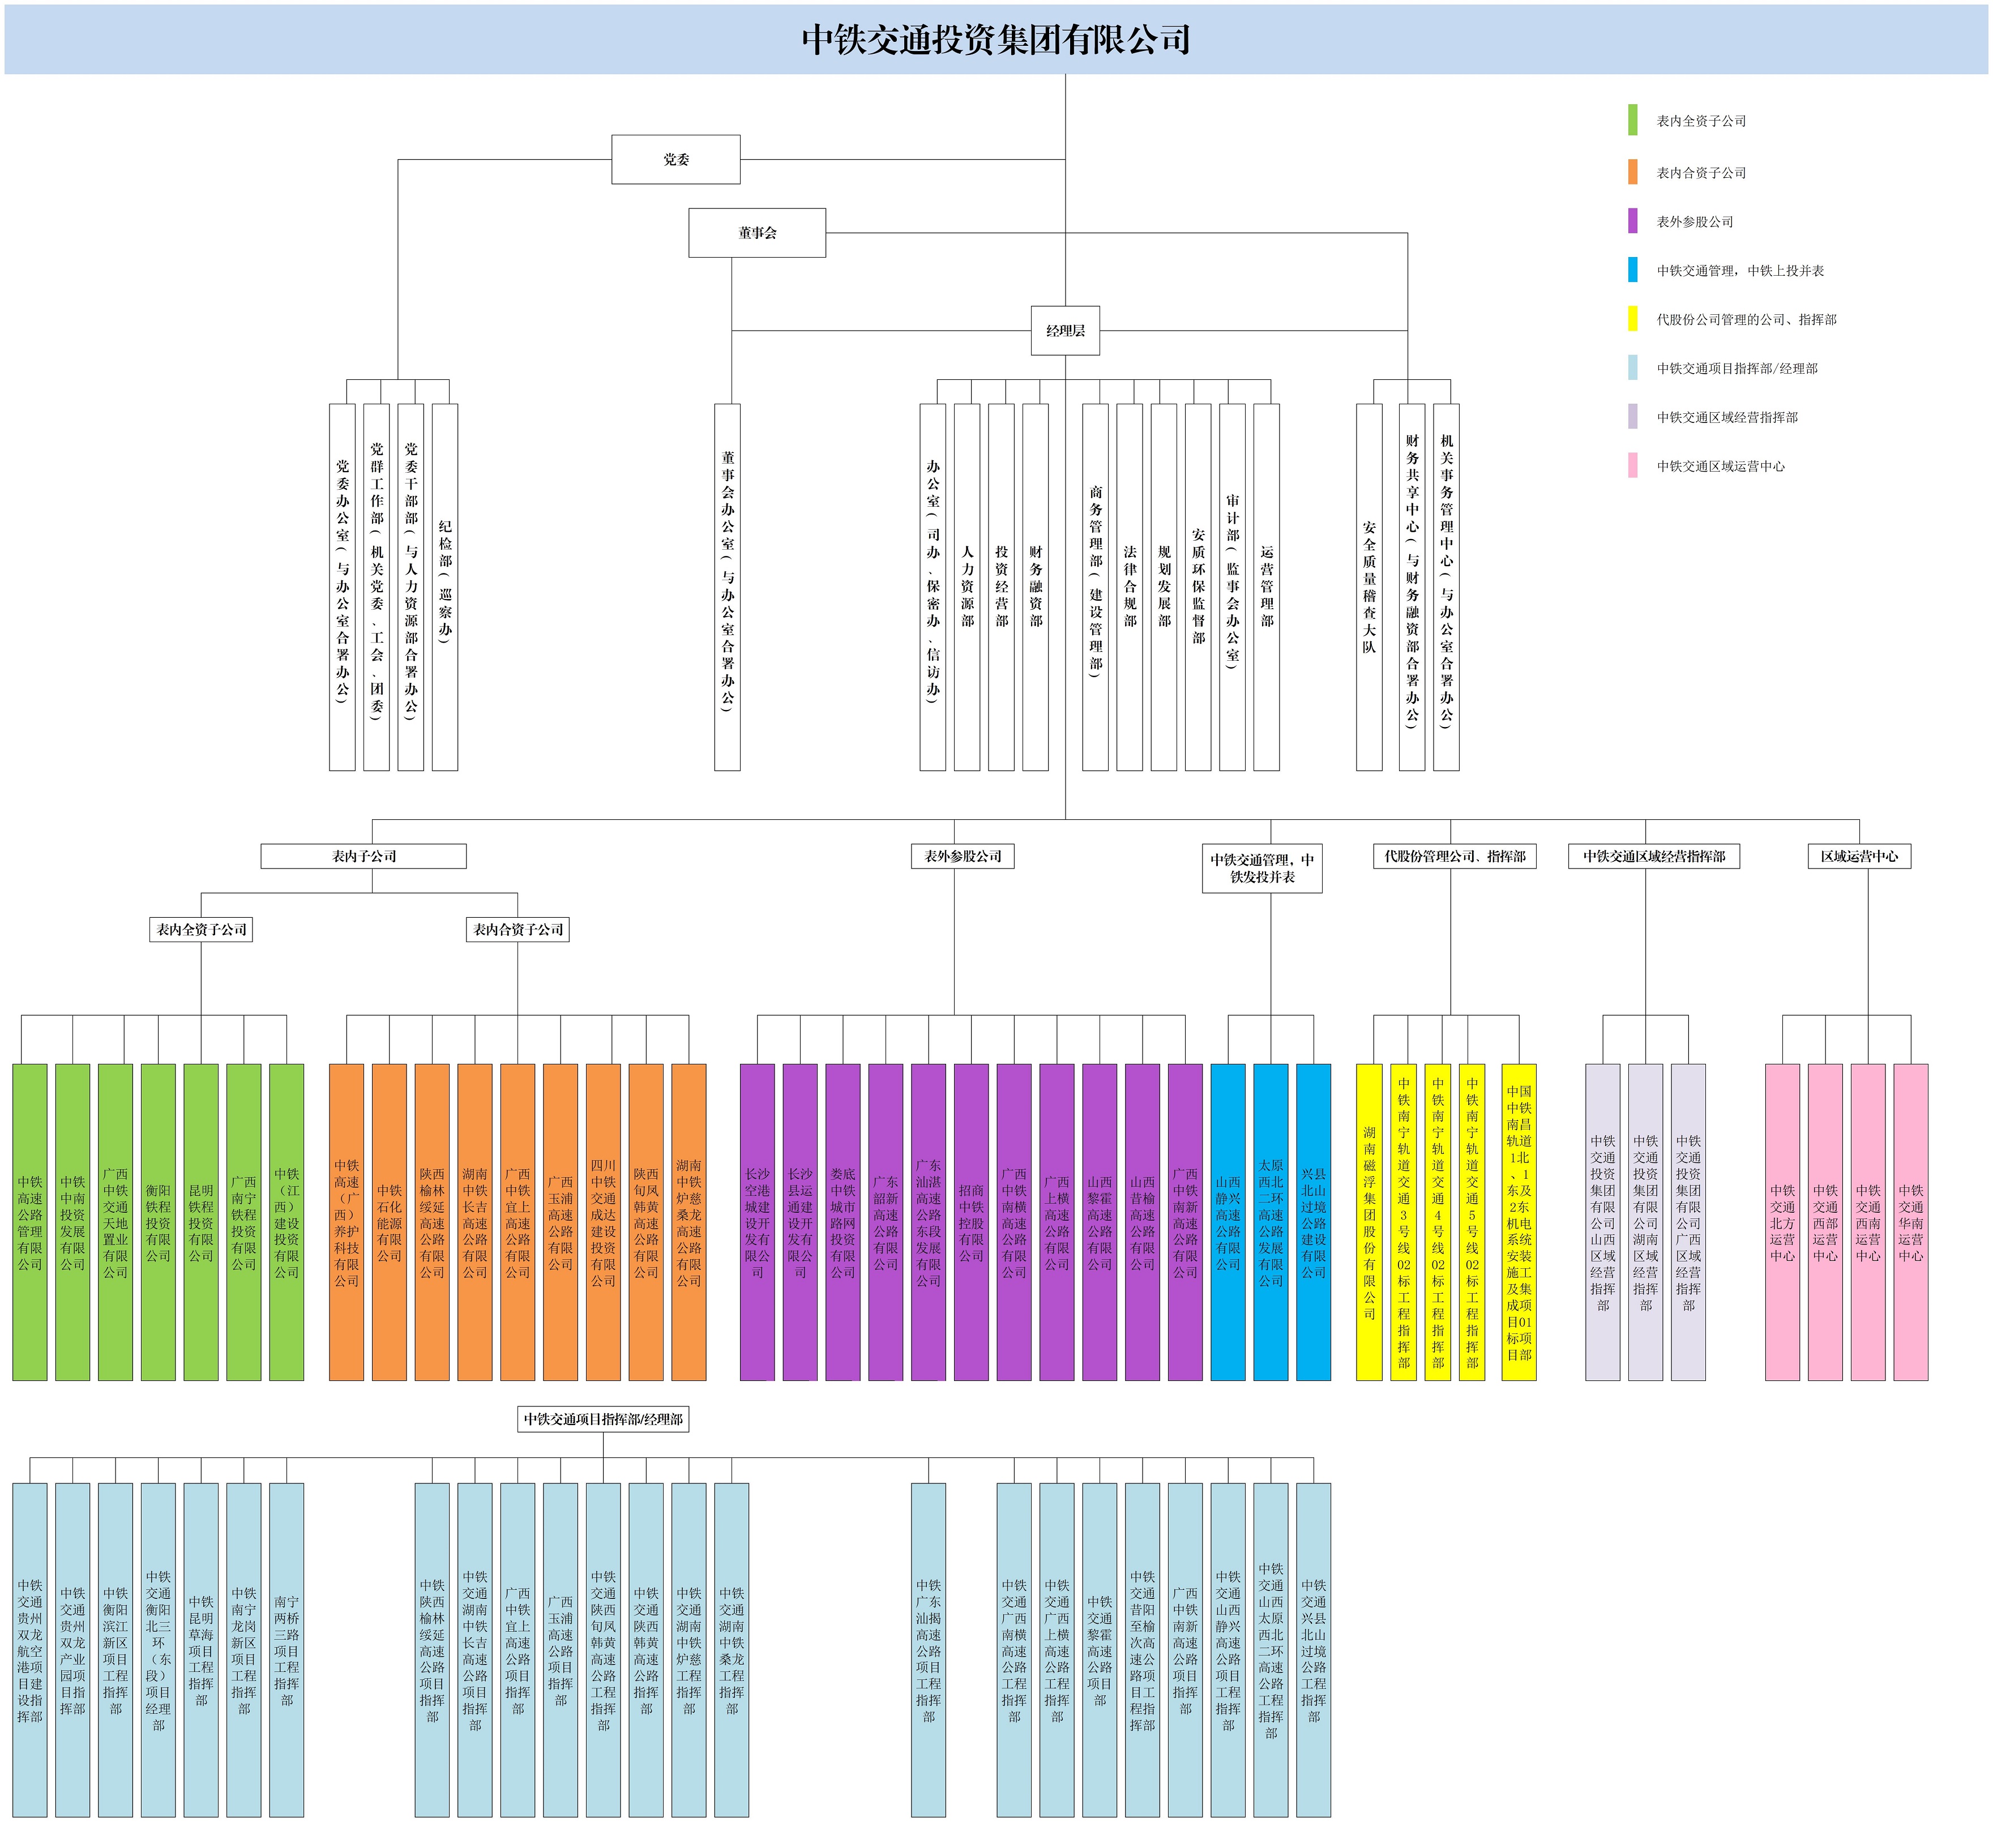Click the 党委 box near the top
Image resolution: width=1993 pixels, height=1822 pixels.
pos(675,159)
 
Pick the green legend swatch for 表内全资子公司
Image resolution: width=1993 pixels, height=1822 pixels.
pos(1632,119)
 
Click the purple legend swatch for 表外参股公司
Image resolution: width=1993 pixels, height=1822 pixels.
pos(1632,220)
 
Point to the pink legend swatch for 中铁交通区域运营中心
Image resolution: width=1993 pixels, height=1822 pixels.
pos(1632,465)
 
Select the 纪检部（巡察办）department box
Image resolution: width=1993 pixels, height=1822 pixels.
pos(445,586)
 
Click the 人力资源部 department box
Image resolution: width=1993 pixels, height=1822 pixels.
pos(967,586)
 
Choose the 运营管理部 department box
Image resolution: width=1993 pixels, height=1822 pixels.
pos(1267,586)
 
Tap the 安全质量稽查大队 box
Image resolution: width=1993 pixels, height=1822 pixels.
pos(1368,586)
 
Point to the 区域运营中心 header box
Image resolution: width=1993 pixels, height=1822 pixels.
pos(1859,856)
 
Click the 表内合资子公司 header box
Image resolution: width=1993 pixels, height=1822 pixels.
pos(517,929)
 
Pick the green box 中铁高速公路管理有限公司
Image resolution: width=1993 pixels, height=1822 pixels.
pos(29,1222)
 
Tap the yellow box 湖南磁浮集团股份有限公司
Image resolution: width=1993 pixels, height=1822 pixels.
pos(1368,1222)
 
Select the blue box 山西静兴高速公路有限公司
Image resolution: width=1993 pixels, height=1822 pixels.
pos(1228,1222)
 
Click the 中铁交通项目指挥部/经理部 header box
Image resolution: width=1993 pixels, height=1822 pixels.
pos(603,1419)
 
